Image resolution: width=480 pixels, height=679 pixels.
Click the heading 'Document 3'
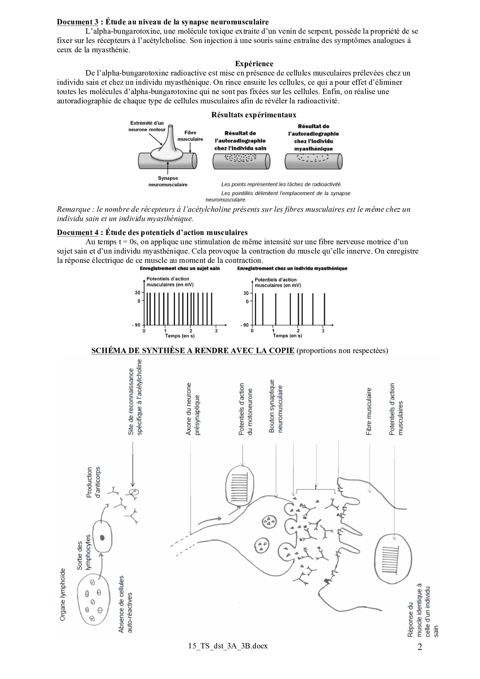coord(77,22)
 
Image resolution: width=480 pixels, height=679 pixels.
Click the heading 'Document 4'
coord(77,233)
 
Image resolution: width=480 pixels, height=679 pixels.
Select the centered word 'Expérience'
coord(254,64)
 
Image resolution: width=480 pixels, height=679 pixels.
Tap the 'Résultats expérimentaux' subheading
coord(254,115)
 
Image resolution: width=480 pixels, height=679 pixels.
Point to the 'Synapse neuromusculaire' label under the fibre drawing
coord(168,181)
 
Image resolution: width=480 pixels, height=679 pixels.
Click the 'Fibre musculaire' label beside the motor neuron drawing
coord(190,135)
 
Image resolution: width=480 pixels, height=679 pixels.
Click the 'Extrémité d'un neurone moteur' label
coord(147,127)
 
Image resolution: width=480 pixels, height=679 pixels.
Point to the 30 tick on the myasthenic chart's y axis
coord(246,293)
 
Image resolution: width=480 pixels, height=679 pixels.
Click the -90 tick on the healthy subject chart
coord(136,325)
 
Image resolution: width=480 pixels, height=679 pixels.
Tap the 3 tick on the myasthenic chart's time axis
coord(323,331)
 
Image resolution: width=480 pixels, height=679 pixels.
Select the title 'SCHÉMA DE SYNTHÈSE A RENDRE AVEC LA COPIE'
coord(193,351)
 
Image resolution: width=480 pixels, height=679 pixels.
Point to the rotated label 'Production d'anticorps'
coord(93,482)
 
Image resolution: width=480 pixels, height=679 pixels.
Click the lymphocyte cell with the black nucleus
coord(102,537)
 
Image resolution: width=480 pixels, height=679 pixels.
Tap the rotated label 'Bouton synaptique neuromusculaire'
coord(276,406)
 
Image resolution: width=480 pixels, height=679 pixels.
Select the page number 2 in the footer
coord(420,647)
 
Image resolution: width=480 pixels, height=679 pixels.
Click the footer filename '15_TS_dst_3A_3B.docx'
coord(228,646)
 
